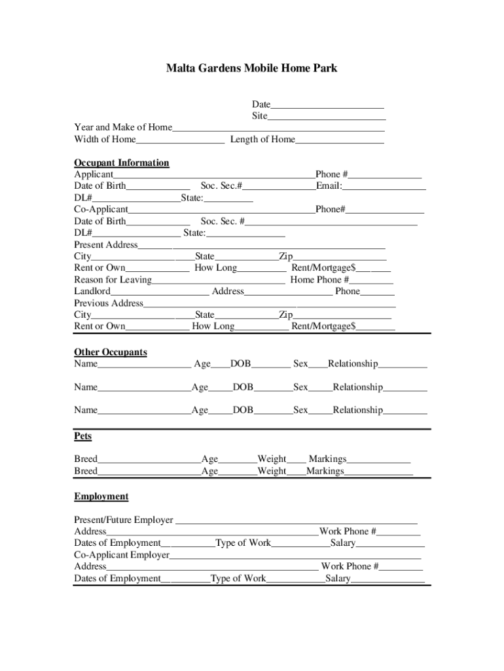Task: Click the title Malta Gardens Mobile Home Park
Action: (x=252, y=68)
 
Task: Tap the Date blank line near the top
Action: (x=327, y=105)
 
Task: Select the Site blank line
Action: (x=327, y=117)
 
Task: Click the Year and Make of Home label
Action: (x=123, y=127)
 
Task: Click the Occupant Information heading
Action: (x=122, y=163)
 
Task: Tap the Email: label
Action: (x=329, y=186)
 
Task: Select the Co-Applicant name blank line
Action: (x=221, y=210)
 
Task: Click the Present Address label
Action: (x=106, y=245)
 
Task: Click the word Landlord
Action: (x=92, y=292)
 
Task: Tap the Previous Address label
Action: (x=109, y=303)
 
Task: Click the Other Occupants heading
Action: (x=111, y=353)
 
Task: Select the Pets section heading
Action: (x=83, y=436)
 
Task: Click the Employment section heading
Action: (x=101, y=497)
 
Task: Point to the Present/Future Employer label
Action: (x=124, y=520)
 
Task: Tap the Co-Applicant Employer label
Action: (x=122, y=555)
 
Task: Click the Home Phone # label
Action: (x=319, y=280)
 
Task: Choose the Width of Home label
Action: (x=105, y=140)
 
